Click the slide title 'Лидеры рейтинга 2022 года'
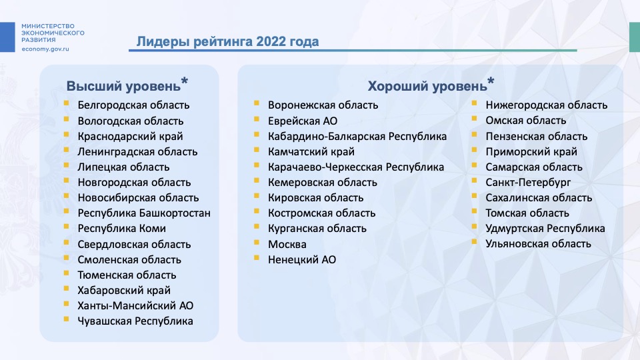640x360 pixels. tap(227, 41)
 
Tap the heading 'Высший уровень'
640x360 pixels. tap(123, 86)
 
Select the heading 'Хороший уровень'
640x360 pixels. tap(427, 86)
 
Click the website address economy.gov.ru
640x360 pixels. tap(45, 49)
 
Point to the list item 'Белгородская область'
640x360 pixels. tap(133, 105)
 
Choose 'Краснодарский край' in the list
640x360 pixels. tap(130, 136)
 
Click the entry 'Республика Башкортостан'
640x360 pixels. tap(144, 213)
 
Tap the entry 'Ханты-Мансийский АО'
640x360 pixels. tap(135, 306)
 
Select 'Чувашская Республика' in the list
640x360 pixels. tap(135, 321)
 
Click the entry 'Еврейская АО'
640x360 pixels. tap(303, 121)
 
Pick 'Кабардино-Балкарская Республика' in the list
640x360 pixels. tap(357, 136)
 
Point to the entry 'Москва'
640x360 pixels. tap(287, 245)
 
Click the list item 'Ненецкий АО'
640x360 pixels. tap(301, 259)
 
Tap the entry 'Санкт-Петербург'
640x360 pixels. tap(528, 183)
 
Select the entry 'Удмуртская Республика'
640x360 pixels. tap(545, 229)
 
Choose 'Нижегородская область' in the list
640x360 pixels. tap(546, 105)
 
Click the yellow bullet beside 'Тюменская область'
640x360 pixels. tap(66, 273)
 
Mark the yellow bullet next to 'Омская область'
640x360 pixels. tap(474, 119)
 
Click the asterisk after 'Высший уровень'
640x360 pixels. tap(185, 81)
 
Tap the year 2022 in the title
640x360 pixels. tap(271, 41)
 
